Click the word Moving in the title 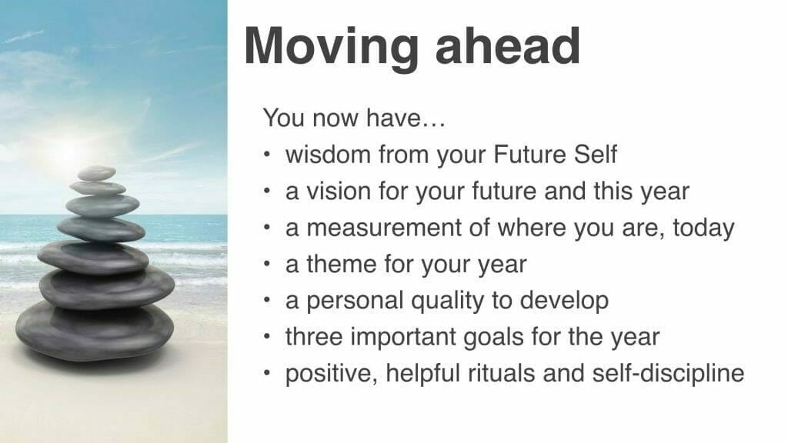click(332, 48)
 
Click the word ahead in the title click(508, 46)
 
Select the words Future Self click(556, 154)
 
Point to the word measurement click(384, 228)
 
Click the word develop click(564, 301)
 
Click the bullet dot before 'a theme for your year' click(267, 265)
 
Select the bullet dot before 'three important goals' click(267, 337)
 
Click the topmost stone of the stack click(96, 173)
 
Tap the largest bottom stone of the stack click(95, 331)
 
